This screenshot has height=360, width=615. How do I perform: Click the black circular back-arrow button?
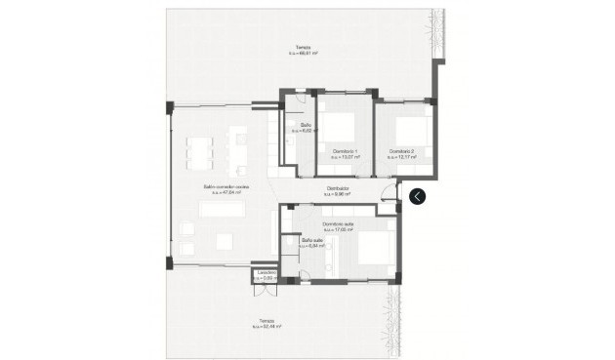click(418, 196)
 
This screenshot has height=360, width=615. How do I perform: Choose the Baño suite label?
click(312, 240)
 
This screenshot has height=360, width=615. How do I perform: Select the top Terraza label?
click(305, 48)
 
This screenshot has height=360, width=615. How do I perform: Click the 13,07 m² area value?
click(345, 156)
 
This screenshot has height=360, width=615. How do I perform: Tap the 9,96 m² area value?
click(337, 195)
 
